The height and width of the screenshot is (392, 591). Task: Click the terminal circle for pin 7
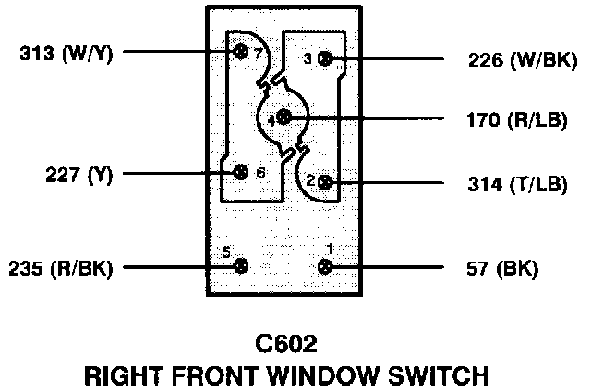coord(242,52)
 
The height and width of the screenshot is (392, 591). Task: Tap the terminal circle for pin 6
coord(241,172)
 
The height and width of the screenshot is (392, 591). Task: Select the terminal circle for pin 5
coord(241,266)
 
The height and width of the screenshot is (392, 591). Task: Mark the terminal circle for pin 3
coord(325,59)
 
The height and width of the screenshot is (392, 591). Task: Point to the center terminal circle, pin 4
coord(283,118)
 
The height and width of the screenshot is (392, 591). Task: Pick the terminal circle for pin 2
coord(325,182)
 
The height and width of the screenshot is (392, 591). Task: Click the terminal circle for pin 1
coord(325,267)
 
